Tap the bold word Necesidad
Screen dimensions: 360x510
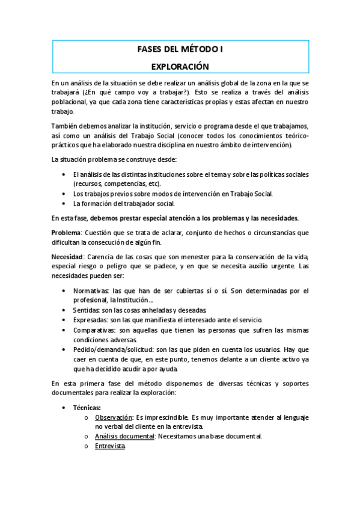(67, 257)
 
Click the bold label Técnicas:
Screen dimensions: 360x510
(87, 407)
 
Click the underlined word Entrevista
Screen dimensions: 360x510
(110, 446)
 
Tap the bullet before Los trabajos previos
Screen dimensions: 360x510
(65, 193)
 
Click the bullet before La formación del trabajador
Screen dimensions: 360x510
(65, 203)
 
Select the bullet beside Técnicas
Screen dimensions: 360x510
(65, 407)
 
